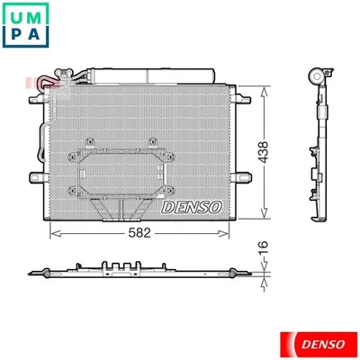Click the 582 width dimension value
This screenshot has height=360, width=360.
(x=138, y=230)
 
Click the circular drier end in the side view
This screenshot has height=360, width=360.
(x=318, y=76)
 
